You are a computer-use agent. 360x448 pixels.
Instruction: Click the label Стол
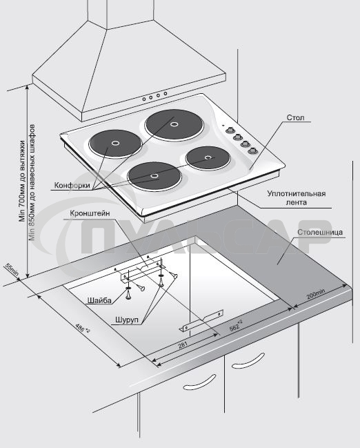295,117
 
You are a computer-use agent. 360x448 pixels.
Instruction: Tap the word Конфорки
72,186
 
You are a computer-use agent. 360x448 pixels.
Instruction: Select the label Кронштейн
90,214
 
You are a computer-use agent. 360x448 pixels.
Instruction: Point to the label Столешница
320,232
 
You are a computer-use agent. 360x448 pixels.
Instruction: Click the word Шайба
99,300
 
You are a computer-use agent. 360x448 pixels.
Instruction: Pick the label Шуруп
127,320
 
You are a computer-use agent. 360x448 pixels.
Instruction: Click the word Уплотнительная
297,194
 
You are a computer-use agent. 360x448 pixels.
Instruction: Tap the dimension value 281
183,345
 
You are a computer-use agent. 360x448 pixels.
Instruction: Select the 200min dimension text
316,294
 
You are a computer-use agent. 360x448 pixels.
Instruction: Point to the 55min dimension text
12,269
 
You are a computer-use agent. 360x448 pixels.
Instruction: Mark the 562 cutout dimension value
236,326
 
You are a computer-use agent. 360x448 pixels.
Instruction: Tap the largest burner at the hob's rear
174,124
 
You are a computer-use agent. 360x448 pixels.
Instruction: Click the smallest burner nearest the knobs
208,158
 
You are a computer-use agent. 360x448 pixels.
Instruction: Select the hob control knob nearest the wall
229,130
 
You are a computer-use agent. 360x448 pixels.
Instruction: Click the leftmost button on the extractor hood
144,99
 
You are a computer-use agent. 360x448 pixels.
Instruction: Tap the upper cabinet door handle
248,360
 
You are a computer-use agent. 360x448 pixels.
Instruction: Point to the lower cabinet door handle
199,382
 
